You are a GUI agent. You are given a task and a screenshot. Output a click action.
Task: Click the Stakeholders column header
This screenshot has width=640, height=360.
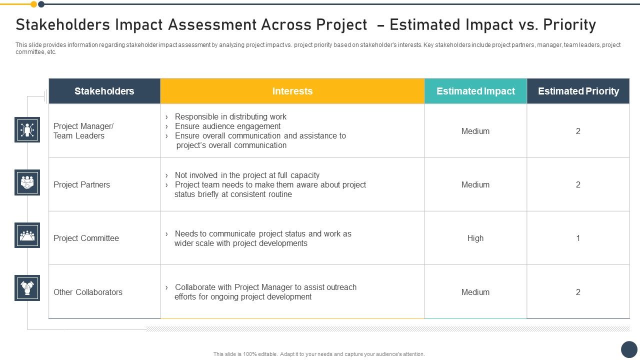pos(104,91)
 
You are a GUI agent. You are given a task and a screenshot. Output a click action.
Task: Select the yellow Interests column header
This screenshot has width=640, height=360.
pos(292,91)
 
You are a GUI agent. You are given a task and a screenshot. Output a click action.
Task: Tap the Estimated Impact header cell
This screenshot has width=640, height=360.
pos(475,91)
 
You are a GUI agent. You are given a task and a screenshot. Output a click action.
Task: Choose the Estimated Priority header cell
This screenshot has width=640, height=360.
pos(578,91)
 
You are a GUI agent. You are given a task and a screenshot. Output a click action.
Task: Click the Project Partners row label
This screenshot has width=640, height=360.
pos(81,184)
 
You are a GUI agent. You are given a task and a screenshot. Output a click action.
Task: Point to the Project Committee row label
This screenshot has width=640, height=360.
pos(86,238)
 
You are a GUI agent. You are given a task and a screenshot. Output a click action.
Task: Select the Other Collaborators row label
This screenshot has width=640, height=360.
pos(88,292)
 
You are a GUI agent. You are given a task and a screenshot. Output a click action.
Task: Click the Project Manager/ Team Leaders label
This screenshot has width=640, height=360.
pos(83,131)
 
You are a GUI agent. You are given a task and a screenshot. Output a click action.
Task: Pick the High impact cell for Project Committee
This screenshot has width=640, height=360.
pos(475,238)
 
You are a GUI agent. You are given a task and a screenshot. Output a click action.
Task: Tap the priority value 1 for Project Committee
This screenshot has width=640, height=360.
pos(578,238)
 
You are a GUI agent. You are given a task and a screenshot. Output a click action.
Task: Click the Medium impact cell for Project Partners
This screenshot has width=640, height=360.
pos(475,184)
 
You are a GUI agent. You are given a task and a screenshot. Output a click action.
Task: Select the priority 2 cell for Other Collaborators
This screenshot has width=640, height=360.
pos(578,292)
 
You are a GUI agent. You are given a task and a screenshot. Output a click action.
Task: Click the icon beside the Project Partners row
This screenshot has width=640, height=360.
pos(27,182)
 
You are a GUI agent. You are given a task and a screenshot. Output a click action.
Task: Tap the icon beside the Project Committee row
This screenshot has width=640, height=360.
pos(27,235)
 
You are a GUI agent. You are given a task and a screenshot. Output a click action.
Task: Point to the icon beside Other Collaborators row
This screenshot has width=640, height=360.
pos(27,288)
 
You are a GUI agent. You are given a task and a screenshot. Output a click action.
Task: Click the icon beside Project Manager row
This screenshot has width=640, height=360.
pos(27,130)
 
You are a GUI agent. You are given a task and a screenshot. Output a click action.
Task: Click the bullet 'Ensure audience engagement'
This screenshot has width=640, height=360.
pos(227,126)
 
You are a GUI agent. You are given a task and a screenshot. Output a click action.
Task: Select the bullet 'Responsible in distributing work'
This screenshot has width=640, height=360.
pos(230,116)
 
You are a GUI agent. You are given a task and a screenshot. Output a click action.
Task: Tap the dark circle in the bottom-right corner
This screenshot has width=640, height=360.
pos(629,349)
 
